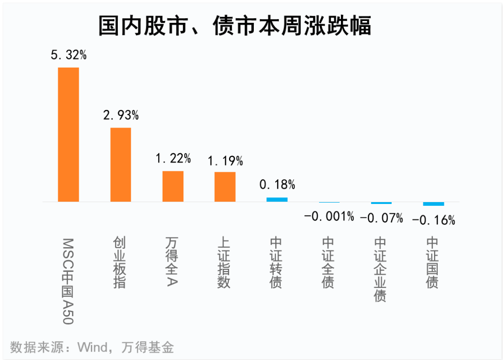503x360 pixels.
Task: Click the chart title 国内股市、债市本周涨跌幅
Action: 235,26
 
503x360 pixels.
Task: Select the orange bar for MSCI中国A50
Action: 68,135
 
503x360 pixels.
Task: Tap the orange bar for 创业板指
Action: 121,164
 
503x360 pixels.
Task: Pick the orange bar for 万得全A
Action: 173,186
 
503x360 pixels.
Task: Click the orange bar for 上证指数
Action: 225,187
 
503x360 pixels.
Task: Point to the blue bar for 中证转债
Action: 277,199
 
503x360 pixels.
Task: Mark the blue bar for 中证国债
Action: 434,204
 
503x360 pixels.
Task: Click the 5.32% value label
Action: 69,55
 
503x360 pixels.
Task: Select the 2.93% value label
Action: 121,115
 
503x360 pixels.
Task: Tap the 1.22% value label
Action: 173,158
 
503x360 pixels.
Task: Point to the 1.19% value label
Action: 225,161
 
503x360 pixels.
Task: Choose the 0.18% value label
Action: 277,184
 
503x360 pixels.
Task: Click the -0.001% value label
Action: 329,216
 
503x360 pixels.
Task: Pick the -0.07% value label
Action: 381,217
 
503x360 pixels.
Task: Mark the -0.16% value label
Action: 434,220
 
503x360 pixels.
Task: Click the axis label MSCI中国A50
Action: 68,281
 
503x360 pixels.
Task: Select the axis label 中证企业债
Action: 381,269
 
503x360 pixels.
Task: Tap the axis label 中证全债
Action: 329,263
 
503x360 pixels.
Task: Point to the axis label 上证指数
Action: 224,263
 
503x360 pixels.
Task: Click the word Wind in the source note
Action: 93,347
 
